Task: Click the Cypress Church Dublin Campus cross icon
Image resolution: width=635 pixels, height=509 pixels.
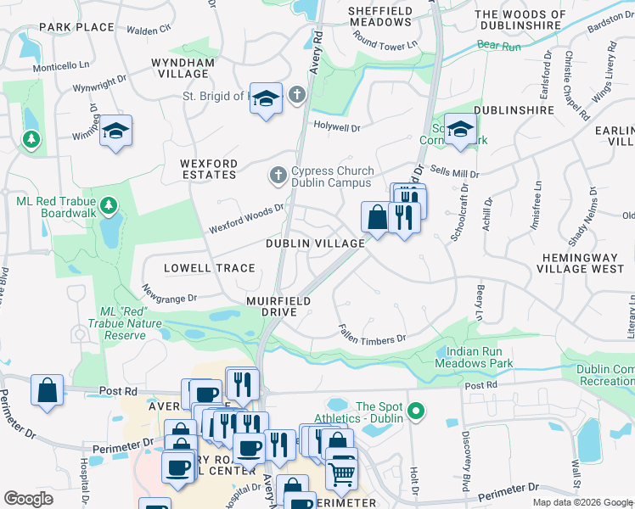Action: click(278, 176)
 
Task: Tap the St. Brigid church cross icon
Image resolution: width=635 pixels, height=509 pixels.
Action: click(297, 95)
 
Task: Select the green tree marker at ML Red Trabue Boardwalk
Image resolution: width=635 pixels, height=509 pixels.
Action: click(108, 204)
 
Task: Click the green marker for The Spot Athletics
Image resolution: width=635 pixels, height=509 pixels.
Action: click(415, 412)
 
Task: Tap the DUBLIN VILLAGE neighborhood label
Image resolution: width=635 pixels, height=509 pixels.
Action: click(315, 243)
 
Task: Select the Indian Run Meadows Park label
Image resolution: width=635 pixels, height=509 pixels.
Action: click(474, 356)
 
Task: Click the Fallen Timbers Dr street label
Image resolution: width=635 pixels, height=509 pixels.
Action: click(372, 334)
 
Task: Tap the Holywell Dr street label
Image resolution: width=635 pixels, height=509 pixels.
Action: click(336, 128)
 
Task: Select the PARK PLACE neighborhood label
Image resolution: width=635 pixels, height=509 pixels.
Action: click(76, 27)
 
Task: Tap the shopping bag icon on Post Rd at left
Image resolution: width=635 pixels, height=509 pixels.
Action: click(48, 389)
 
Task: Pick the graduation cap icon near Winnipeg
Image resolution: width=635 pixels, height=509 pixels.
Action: click(115, 131)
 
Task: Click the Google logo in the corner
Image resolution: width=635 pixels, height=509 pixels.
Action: click(29, 499)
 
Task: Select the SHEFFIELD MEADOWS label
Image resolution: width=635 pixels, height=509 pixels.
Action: click(380, 17)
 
